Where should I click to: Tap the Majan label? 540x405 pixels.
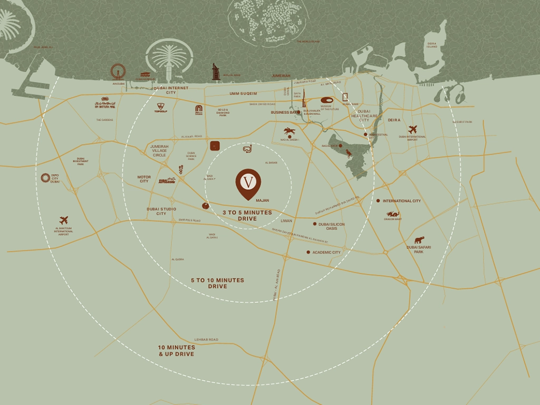click(x=262, y=201)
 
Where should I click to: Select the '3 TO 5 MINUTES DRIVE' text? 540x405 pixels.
click(x=247, y=215)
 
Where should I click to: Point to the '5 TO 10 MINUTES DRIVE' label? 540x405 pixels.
click(x=217, y=283)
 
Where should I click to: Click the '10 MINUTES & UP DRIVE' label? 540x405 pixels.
click(x=177, y=351)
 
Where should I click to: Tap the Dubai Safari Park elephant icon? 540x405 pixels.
click(x=419, y=240)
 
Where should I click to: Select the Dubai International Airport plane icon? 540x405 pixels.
click(x=412, y=129)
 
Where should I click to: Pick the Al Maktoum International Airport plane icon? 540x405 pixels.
click(x=64, y=220)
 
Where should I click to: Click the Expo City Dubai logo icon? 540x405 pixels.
click(x=45, y=178)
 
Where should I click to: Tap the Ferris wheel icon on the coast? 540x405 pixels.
click(x=118, y=72)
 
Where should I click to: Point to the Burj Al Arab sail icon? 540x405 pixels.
click(x=216, y=72)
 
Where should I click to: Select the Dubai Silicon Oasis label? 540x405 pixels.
click(x=332, y=226)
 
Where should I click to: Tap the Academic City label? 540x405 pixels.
click(x=326, y=253)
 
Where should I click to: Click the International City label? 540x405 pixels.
click(x=401, y=201)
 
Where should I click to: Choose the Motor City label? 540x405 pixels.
click(x=144, y=179)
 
